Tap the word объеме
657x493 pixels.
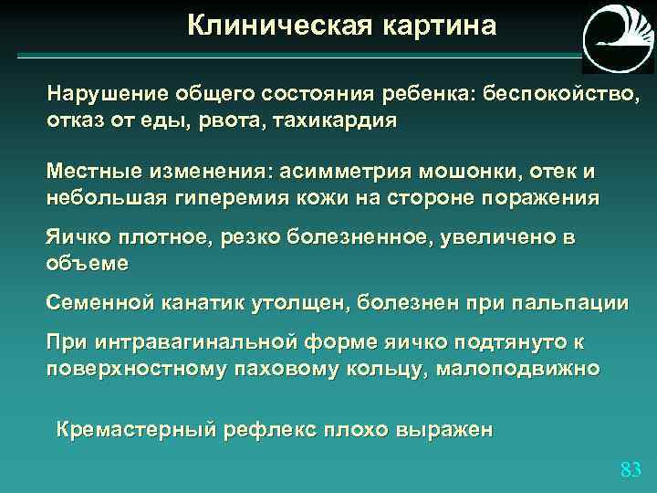click(88, 264)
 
